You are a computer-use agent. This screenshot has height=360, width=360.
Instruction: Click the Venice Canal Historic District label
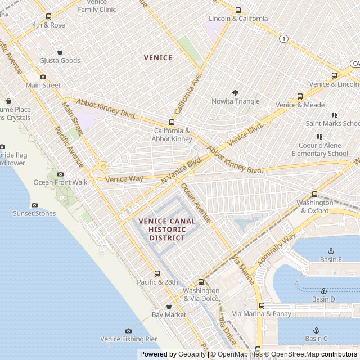tap(167, 229)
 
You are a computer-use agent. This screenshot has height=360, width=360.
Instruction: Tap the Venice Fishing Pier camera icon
tap(128, 331)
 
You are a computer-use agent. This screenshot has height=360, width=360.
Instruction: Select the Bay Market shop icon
tap(168, 306)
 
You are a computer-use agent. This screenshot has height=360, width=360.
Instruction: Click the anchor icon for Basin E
tap(331, 251)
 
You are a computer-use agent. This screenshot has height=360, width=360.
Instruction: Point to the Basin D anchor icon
tap(323, 291)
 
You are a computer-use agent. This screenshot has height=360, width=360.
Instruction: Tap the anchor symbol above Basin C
tap(316, 330)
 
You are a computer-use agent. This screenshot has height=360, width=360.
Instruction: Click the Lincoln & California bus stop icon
tap(238, 10)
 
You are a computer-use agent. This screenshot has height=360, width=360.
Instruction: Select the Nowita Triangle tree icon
tap(235, 93)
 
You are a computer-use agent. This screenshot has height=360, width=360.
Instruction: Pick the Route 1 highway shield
tap(284, 39)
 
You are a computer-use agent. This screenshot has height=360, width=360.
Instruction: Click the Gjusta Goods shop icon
tap(60, 52)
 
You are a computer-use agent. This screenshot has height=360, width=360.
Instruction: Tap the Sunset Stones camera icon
tap(34, 205)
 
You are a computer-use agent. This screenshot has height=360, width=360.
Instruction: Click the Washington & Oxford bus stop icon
tap(314, 194)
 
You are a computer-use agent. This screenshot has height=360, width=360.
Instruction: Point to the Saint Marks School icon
tap(335, 115)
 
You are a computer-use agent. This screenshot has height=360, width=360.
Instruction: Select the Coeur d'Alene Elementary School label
tap(323, 149)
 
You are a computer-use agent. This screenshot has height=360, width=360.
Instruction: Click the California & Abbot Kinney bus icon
tap(172, 123)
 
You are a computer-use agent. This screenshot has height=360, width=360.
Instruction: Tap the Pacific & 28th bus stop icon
tap(157, 273)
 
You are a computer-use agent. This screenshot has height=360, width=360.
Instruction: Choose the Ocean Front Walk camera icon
tap(60, 174)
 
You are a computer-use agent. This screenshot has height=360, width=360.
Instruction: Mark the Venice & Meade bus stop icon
tap(300, 96)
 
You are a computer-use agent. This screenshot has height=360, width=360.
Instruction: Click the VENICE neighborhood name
tap(158, 57)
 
